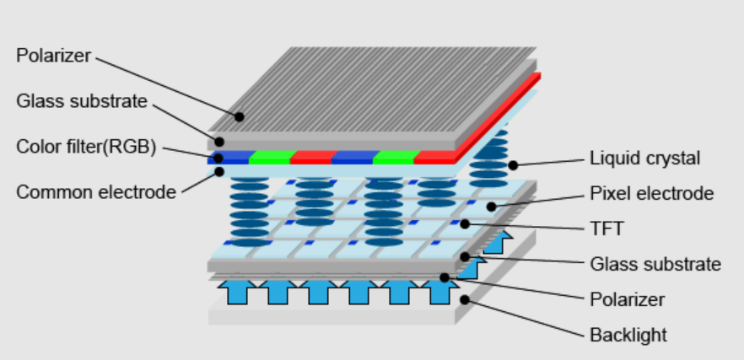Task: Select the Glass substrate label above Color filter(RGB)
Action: click(82, 102)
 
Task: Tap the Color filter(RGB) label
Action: click(86, 147)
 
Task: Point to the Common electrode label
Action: click(96, 191)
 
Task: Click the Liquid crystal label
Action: click(644, 158)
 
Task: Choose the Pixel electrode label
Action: click(650, 194)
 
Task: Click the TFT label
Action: click(606, 228)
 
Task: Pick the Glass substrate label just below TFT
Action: click(655, 264)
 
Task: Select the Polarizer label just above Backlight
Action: click(627, 299)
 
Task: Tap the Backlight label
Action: click(628, 335)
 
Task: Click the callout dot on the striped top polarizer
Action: click(240, 116)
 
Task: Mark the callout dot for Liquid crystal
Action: click(512, 164)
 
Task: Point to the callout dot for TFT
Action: click(464, 224)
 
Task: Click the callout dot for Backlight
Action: click(465, 298)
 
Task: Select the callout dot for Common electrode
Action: click(218, 171)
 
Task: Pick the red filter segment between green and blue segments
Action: click(310, 158)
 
